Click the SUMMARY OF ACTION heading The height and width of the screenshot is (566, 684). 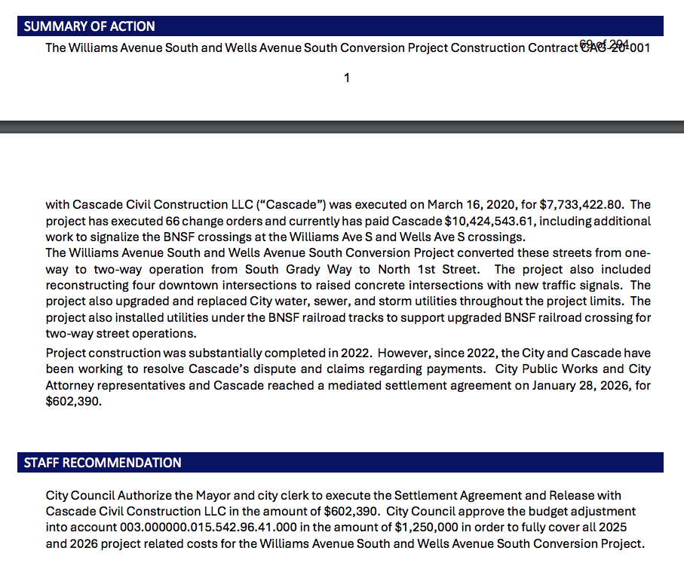pos(89,26)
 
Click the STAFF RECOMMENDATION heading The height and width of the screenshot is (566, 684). pos(103,463)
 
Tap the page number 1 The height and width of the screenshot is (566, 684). pos(346,78)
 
